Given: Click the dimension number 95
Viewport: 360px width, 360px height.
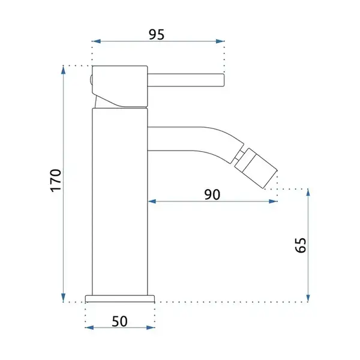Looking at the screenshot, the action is coord(157,34).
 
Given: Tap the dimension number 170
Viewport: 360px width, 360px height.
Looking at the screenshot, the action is coord(56,181).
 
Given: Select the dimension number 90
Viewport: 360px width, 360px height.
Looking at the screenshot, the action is coord(212,194).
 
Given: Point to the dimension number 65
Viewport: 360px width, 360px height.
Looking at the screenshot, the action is coord(301,245).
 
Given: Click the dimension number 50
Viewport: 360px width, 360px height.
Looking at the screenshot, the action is coord(119,321).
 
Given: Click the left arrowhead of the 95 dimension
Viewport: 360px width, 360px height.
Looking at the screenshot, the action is coord(96,41).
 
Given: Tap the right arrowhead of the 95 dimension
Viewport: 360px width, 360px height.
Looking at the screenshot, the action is coord(220,41).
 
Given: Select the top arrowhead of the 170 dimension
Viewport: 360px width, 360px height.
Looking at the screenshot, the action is coord(64,70).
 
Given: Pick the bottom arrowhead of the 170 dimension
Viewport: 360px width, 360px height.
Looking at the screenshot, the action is coord(64,298).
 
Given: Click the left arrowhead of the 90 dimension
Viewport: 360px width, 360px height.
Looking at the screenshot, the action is coord(152,202).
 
